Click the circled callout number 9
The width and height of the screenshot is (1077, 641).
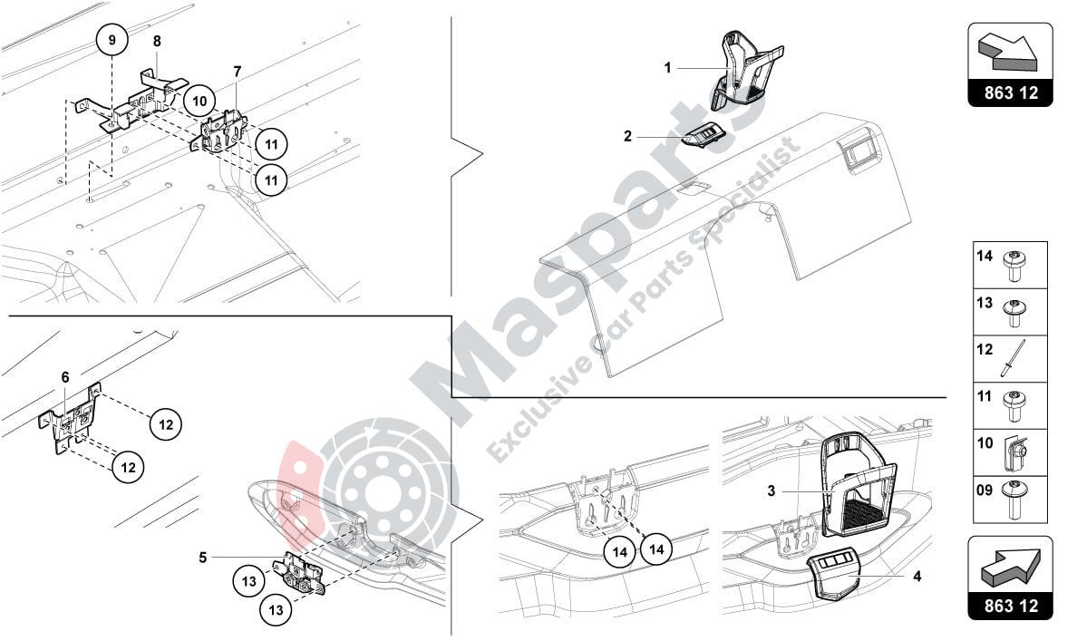point(112,40)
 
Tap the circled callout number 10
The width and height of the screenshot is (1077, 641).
point(199,101)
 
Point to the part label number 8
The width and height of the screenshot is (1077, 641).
point(158,41)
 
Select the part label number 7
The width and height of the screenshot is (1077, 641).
point(238,72)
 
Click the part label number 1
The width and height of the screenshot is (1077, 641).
point(667,68)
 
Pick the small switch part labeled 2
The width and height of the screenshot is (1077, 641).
point(703,135)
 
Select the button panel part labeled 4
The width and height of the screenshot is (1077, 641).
point(832,574)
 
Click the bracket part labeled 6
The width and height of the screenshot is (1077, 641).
point(71,419)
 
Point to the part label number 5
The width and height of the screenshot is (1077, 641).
point(203,558)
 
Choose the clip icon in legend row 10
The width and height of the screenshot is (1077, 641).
point(1014,452)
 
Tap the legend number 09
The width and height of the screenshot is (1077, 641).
point(985,490)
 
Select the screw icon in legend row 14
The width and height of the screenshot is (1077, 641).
point(1014,267)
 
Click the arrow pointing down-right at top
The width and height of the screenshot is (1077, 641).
point(1007,53)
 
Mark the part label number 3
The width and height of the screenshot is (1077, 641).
point(771,490)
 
